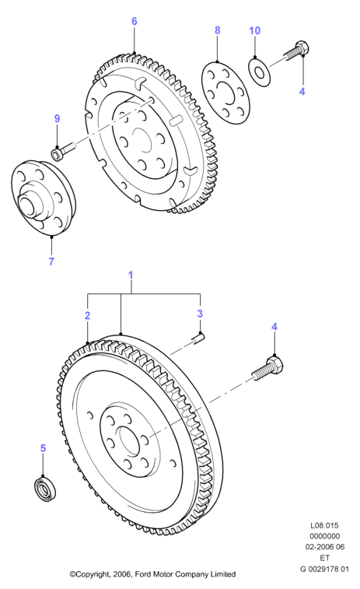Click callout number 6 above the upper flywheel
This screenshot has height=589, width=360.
tap(134, 22)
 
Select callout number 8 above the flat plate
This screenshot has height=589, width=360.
tap(218, 30)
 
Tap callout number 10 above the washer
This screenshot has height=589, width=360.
tap(255, 30)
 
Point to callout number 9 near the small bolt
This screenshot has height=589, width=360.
tap(57, 119)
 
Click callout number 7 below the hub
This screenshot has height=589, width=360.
tap(51, 261)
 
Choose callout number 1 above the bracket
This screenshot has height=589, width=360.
tap(131, 275)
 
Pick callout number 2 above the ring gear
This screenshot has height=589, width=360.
tap(87, 315)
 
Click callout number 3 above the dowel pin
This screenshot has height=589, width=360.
tap(200, 314)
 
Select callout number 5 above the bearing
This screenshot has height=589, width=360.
tap(43, 448)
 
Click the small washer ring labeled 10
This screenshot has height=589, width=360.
tap(260, 72)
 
